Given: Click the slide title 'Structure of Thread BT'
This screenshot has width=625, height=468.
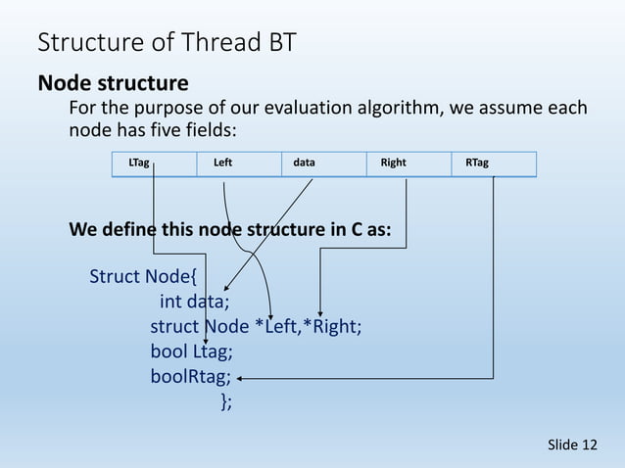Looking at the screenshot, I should point(167,43).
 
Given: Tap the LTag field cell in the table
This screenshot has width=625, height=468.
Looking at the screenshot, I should point(153,164).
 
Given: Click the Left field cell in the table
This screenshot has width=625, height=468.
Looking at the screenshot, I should point(238,164).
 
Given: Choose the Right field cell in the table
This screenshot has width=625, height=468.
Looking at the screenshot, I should point(409,164).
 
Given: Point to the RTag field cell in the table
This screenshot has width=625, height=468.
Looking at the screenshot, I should point(494,164).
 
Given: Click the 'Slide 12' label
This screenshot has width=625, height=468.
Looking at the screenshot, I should point(572,445).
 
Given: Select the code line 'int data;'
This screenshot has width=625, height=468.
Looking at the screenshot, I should point(195,302).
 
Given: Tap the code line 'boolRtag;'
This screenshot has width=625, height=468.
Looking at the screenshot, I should point(191,377).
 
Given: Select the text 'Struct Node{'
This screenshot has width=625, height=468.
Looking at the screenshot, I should point(143,276).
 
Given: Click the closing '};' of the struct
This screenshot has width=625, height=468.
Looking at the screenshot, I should point(226,401).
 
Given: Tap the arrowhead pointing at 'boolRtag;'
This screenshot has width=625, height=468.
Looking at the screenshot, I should point(240,377).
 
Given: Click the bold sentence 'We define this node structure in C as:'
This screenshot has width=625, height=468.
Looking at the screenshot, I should point(230,230).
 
